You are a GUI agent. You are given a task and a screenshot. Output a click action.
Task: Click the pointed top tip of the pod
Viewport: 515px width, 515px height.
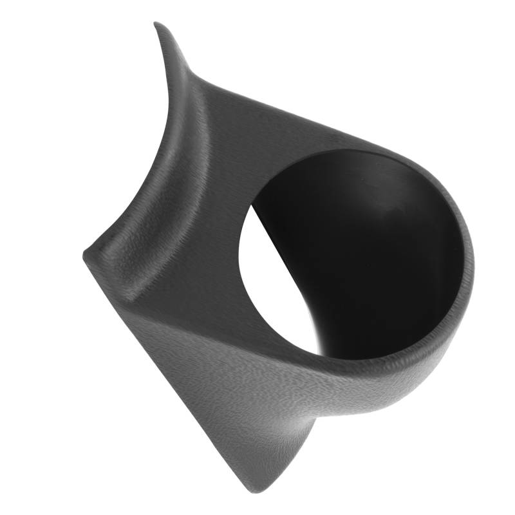tap(156, 24)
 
